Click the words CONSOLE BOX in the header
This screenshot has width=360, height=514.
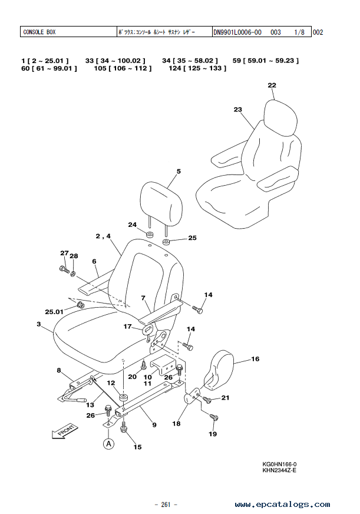point(39,32)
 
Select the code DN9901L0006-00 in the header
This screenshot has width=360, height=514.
point(237,32)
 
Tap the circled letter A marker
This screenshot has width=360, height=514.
point(109,444)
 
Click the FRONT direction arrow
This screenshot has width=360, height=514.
point(65,431)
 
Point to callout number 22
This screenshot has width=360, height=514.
point(272,85)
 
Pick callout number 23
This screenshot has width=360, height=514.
point(238,110)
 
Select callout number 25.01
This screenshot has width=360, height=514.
point(54,311)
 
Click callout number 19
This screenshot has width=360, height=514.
point(213,434)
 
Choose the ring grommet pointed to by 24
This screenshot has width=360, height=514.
point(150,235)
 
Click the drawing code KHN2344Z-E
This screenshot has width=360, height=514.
point(279,470)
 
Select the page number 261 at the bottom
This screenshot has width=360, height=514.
point(166,504)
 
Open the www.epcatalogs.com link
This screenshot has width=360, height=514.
point(282,504)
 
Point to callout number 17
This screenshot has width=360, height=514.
point(127,327)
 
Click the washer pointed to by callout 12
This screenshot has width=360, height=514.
point(124,397)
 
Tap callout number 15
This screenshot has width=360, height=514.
point(138,447)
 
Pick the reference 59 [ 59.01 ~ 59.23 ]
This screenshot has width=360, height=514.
point(266,61)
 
